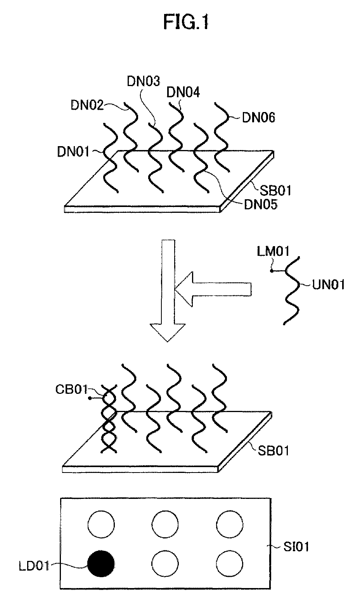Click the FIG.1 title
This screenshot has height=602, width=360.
[186, 23]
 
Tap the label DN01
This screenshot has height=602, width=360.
[74, 152]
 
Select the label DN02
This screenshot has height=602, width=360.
[87, 105]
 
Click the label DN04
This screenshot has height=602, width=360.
[183, 93]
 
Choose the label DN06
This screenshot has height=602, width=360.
[259, 117]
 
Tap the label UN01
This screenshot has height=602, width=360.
[328, 285]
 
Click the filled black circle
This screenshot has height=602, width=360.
[101, 564]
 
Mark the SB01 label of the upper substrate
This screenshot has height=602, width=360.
[275, 191]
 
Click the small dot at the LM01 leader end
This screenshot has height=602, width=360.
[272, 271]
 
